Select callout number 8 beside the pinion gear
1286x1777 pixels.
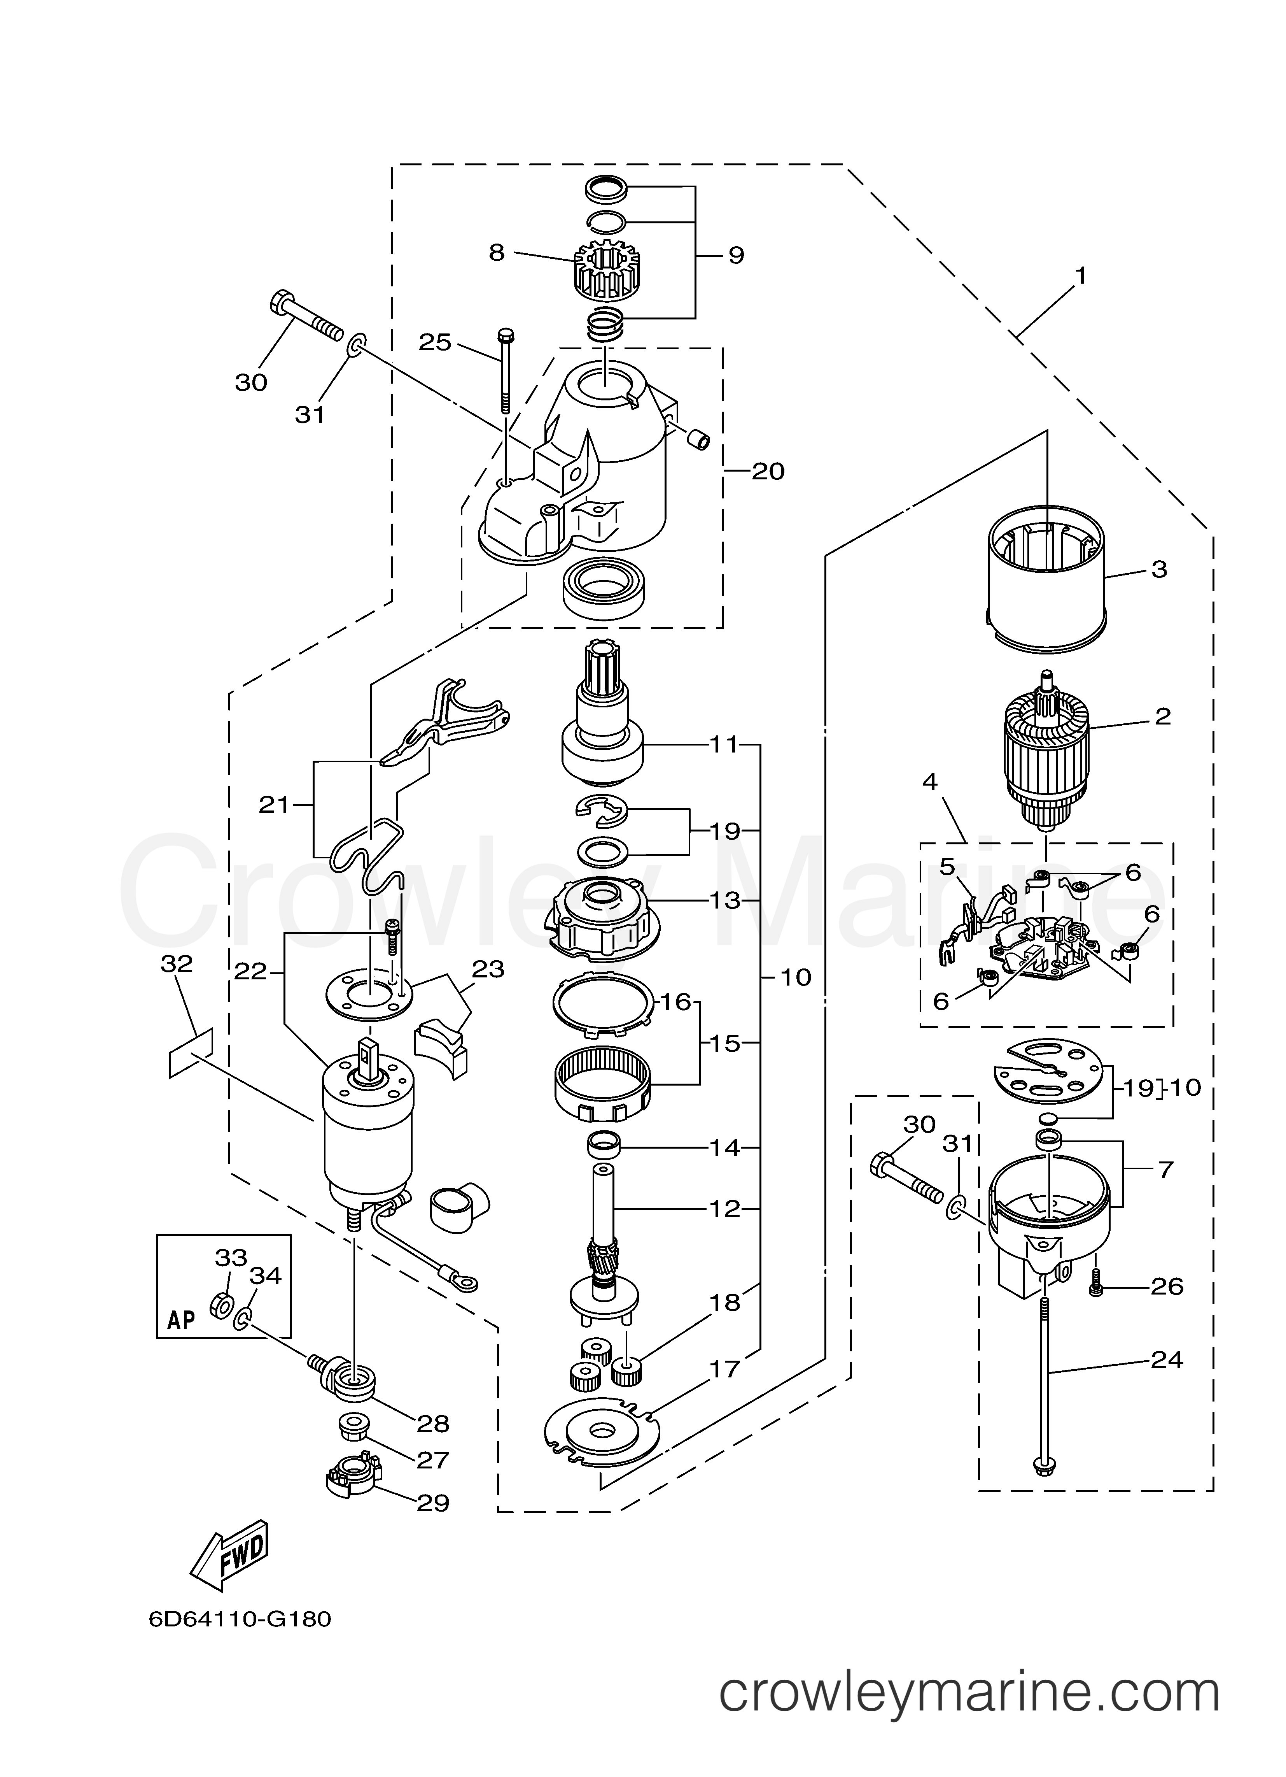click(x=497, y=253)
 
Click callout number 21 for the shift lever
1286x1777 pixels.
click(x=274, y=805)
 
